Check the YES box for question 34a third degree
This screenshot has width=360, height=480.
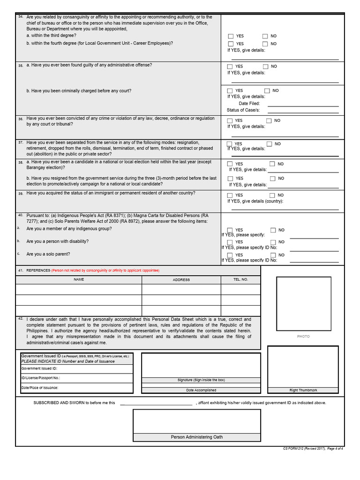point(231,36)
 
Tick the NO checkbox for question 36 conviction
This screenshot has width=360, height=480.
point(269,120)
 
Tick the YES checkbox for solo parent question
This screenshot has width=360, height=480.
point(230,255)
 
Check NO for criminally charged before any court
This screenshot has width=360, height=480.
point(267,90)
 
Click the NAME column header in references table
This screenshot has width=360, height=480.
point(79,279)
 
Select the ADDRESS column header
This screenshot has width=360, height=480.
point(181,279)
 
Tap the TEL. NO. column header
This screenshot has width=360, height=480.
point(240,279)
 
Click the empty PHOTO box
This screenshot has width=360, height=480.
point(303,304)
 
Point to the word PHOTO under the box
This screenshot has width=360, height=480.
point(303,337)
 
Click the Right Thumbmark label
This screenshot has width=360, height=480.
point(303,390)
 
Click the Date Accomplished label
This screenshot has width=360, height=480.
point(201,390)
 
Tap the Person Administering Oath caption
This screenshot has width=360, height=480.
point(196,437)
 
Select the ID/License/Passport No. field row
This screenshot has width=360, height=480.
point(76,378)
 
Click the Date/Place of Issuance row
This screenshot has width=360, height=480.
point(76,388)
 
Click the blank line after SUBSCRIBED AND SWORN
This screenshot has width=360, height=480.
point(156,403)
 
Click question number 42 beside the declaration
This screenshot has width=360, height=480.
point(20,319)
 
